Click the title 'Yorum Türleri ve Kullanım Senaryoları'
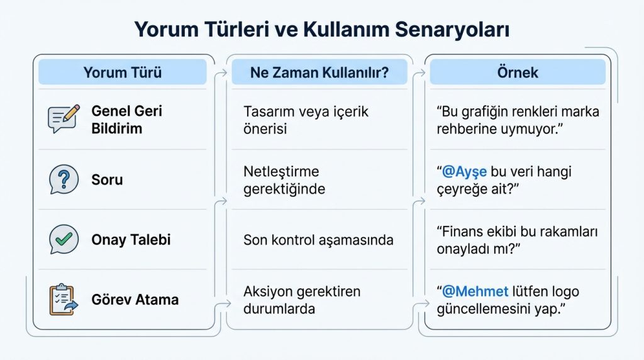pos(321,30)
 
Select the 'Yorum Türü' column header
pos(122,72)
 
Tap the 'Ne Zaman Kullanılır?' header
pos(319,72)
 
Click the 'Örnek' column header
pos(518,72)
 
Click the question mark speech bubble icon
pos(64,179)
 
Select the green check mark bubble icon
pos(64,240)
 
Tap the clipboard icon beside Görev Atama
pos(62,300)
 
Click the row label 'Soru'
pos(107,180)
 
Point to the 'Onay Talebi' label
pos(131,240)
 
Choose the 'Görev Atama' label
pos(135,300)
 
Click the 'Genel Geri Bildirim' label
pos(126,120)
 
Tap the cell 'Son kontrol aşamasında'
pos(318,240)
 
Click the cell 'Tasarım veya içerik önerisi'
pos(306,120)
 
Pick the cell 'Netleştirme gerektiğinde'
pos(284,180)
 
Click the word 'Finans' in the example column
pos(464,232)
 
